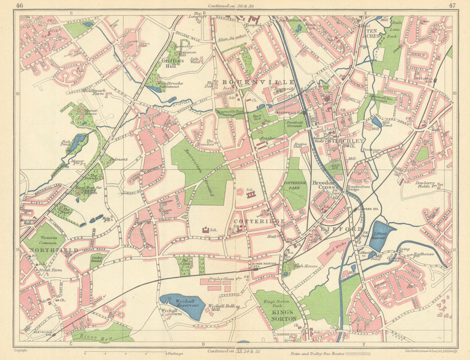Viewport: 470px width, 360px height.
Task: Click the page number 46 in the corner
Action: pyautogui.click(x=19, y=6)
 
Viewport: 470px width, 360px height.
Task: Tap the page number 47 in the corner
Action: pyautogui.click(x=451, y=6)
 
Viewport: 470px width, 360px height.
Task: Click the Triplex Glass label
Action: pyautogui.click(x=222, y=279)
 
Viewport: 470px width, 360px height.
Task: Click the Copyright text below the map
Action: pyautogui.click(x=21, y=350)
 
